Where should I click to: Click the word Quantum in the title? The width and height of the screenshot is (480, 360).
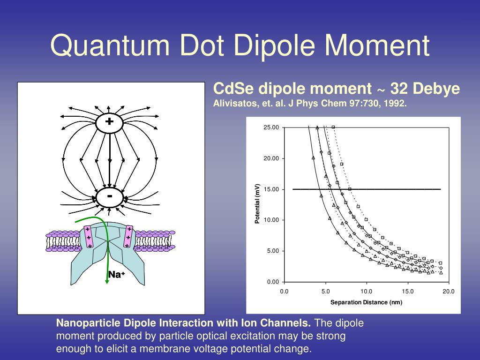point(110,45)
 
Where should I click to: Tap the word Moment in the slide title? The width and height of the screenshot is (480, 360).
point(377,45)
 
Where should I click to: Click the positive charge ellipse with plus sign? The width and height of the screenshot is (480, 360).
point(109,122)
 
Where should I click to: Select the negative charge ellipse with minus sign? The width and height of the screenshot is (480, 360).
point(110,197)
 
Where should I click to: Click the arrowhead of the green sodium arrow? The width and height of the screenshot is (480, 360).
point(106,281)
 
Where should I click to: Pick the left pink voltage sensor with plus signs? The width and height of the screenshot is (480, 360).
point(89,237)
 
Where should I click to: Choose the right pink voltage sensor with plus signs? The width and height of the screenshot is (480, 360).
point(128,236)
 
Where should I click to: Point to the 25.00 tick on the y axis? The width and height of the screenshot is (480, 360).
point(271,127)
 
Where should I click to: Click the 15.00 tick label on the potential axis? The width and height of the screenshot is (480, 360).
point(271,189)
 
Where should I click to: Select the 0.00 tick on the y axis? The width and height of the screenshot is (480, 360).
point(273,282)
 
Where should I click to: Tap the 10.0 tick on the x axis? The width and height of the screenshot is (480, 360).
point(366,292)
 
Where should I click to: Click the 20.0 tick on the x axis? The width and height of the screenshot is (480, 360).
point(449,292)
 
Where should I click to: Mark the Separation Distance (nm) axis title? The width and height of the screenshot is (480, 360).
point(366,302)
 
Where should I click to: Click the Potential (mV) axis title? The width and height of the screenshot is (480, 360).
point(257,203)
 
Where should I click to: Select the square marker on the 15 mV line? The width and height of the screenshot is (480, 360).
point(350,189)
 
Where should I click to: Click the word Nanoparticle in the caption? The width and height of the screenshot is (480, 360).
point(89,323)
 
